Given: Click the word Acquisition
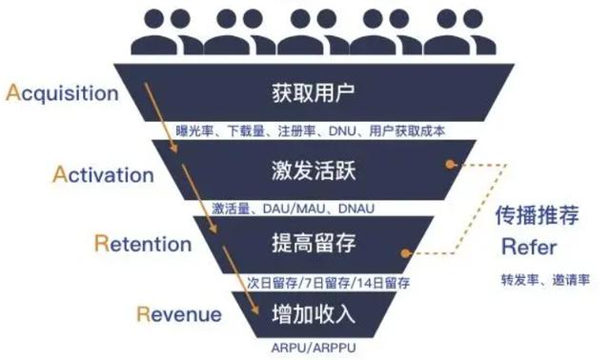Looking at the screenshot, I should click(x=62, y=93).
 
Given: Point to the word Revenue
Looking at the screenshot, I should click(x=179, y=314).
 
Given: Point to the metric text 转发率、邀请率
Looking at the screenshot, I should click(x=544, y=282).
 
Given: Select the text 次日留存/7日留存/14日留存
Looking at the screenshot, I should click(x=329, y=283).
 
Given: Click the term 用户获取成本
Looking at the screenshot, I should click(x=406, y=130).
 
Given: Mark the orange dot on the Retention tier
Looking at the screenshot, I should click(x=407, y=254).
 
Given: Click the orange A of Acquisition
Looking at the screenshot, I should click(x=13, y=92).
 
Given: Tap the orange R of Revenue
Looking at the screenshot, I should click(x=142, y=314).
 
